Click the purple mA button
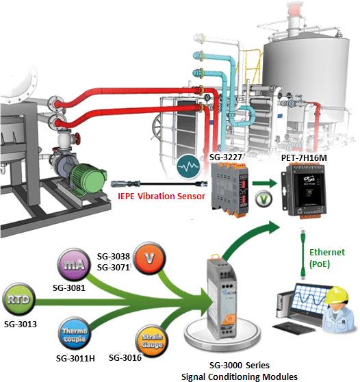click(74, 265)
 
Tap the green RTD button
click(19, 299)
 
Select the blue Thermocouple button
click(75, 334)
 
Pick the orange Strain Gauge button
click(152, 341)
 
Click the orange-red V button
click(149, 258)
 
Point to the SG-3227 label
click(226, 157)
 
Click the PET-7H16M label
click(304, 158)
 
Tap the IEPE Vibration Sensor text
click(162, 196)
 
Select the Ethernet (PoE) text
click(327, 258)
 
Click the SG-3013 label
click(21, 324)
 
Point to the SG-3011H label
click(75, 358)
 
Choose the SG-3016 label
click(125, 357)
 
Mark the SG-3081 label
click(69, 288)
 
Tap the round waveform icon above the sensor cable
click(188, 166)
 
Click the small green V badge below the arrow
click(263, 199)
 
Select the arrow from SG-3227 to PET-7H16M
click(265, 183)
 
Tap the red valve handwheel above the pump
click(77, 138)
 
